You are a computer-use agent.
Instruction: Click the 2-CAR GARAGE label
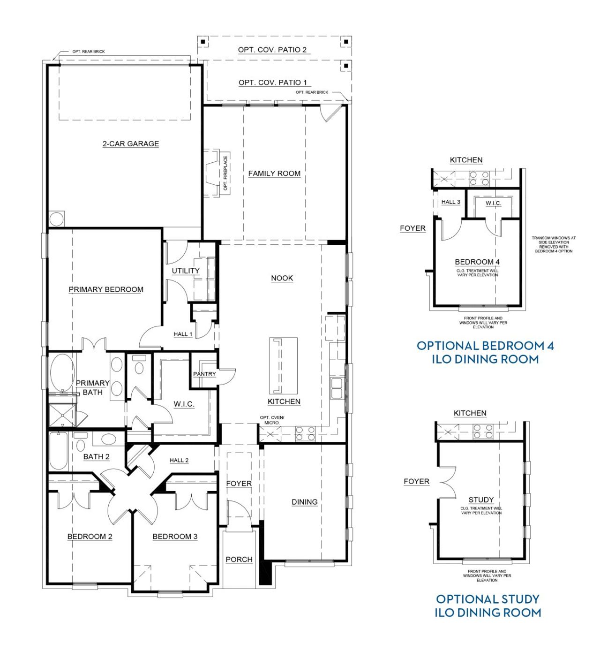[x=131, y=144]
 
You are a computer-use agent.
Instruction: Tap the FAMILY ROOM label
[x=274, y=174]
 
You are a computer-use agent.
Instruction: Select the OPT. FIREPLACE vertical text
[x=225, y=174]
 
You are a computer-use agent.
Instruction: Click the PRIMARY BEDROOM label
[x=106, y=289]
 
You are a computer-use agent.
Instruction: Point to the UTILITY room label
[x=186, y=271]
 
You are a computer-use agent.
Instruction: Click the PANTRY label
[x=204, y=374]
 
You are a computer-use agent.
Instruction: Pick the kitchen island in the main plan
[x=283, y=366]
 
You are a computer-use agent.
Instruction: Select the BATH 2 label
[x=97, y=456]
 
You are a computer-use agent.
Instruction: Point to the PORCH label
[x=239, y=559]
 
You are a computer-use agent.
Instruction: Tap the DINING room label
[x=305, y=502]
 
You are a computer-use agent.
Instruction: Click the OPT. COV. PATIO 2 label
[x=272, y=50]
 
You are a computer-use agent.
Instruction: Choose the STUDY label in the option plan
[x=481, y=500]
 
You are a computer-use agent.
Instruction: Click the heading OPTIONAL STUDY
[x=487, y=599]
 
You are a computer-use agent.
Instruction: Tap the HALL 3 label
[x=451, y=202]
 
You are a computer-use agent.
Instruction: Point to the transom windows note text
[x=554, y=244]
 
